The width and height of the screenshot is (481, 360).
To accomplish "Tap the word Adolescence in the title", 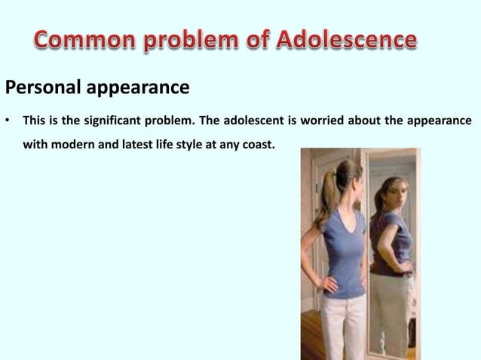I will coord(345,40).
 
